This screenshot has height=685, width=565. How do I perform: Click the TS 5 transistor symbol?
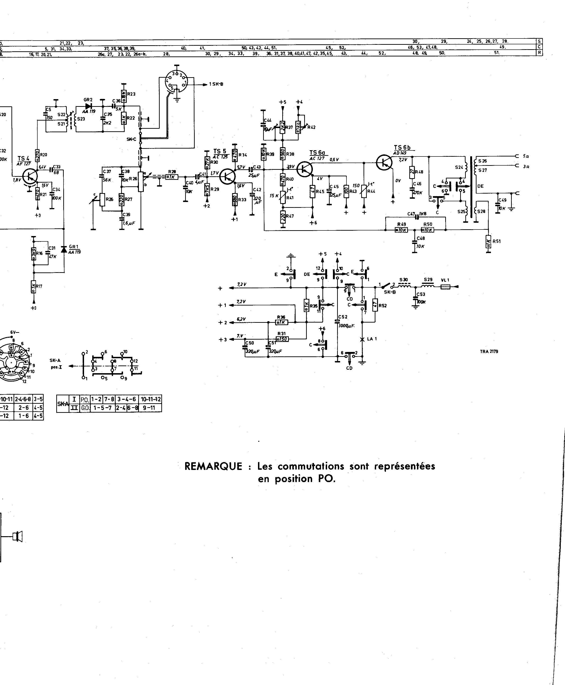coord(227,176)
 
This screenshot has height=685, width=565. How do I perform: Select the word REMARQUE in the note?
coord(213,466)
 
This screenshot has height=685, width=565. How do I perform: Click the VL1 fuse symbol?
coord(445,287)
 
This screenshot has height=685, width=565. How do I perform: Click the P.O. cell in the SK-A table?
coord(85,399)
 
